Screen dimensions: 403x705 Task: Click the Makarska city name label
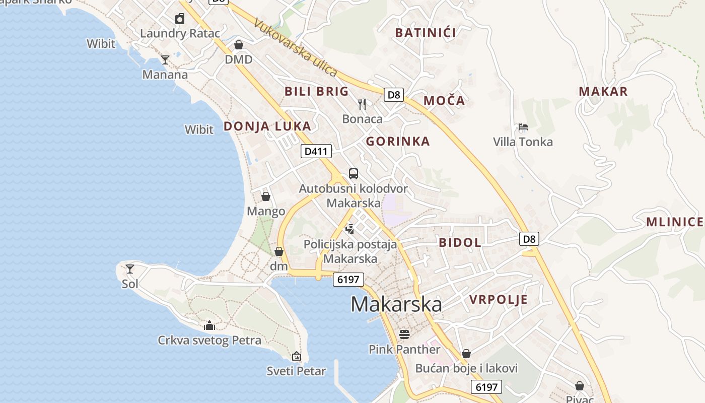pyautogui.click(x=396, y=304)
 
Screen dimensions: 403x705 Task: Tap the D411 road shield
pyautogui.click(x=316, y=151)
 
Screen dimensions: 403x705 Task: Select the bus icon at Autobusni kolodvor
pyautogui.click(x=354, y=174)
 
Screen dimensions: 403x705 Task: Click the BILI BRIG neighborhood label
pyautogui.click(x=316, y=91)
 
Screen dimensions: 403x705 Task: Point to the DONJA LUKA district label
pyautogui.click(x=267, y=126)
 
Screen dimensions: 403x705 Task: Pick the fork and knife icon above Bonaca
pyautogui.click(x=362, y=104)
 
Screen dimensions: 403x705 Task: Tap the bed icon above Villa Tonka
pyautogui.click(x=523, y=127)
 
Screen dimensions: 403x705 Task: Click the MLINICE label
pyautogui.click(x=675, y=222)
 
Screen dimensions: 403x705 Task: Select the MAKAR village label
pyautogui.click(x=603, y=92)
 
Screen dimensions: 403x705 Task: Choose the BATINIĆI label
pyautogui.click(x=426, y=33)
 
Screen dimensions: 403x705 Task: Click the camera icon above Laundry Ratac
pyautogui.click(x=180, y=19)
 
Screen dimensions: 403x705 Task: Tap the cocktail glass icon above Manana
pyautogui.click(x=165, y=60)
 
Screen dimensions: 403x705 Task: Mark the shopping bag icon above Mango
pyautogui.click(x=266, y=196)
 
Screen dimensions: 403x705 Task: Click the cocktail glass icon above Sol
pyautogui.click(x=130, y=268)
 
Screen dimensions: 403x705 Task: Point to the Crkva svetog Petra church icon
pyautogui.click(x=209, y=325)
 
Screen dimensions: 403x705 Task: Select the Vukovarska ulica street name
pyautogui.click(x=296, y=47)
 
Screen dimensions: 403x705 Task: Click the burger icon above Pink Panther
pyautogui.click(x=404, y=334)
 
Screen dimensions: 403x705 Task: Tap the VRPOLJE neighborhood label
pyautogui.click(x=499, y=300)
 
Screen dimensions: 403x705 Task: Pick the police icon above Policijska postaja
pyautogui.click(x=350, y=229)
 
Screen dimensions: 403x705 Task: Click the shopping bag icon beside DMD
pyautogui.click(x=239, y=45)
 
